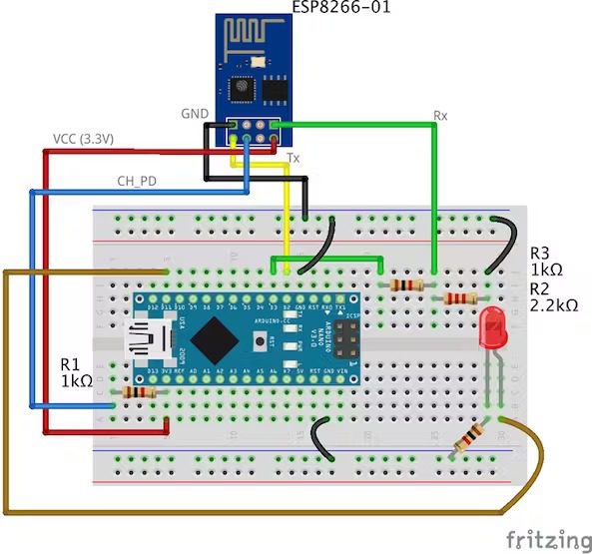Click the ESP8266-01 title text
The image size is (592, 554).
(x=341, y=8)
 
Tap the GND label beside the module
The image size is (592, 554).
(x=196, y=115)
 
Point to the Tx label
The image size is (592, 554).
(x=294, y=159)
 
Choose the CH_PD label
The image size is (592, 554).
(x=135, y=182)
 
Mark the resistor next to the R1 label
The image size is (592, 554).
(x=138, y=393)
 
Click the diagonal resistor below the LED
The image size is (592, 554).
(x=468, y=438)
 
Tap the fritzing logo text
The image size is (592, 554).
(x=545, y=540)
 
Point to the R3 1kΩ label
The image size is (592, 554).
(x=547, y=262)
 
